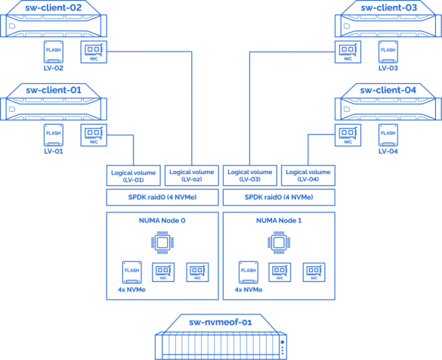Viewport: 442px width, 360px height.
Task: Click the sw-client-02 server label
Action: pyautogui.click(x=54, y=8)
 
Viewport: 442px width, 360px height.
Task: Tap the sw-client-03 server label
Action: pyautogui.click(x=388, y=8)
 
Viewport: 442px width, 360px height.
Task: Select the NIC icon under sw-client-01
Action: pyautogui.click(x=94, y=135)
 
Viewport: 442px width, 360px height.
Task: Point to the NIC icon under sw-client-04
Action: pyautogui.click(x=348, y=135)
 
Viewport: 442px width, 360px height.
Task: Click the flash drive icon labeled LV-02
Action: pyautogui.click(x=54, y=52)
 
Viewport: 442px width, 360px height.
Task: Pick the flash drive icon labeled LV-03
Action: pyautogui.click(x=388, y=52)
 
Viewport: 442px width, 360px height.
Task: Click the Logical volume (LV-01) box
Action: pyautogui.click(x=133, y=175)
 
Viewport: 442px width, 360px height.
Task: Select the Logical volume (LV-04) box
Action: pyautogui.click(x=308, y=175)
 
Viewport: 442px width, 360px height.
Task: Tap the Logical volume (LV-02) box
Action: pyautogui.click(x=192, y=175)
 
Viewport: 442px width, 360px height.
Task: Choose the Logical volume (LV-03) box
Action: pyautogui.click(x=250, y=175)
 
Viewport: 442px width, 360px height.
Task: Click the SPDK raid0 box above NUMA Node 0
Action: pyautogui.click(x=162, y=197)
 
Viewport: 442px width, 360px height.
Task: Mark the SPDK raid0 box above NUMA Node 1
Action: pyautogui.click(x=279, y=197)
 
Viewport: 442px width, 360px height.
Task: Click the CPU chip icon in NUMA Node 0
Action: pyautogui.click(x=162, y=243)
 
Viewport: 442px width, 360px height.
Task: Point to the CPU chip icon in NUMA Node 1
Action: pyautogui.click(x=279, y=243)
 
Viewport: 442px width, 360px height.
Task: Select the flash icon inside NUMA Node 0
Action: pyautogui.click(x=132, y=272)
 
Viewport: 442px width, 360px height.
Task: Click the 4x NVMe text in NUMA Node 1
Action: pyautogui.click(x=249, y=290)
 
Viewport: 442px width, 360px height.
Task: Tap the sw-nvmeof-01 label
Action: pyautogui.click(x=221, y=322)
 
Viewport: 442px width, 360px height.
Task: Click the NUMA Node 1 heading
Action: pyautogui.click(x=279, y=221)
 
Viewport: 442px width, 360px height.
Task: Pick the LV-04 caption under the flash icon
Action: pyautogui.click(x=388, y=151)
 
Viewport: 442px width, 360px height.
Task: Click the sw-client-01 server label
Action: pyautogui.click(x=54, y=90)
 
